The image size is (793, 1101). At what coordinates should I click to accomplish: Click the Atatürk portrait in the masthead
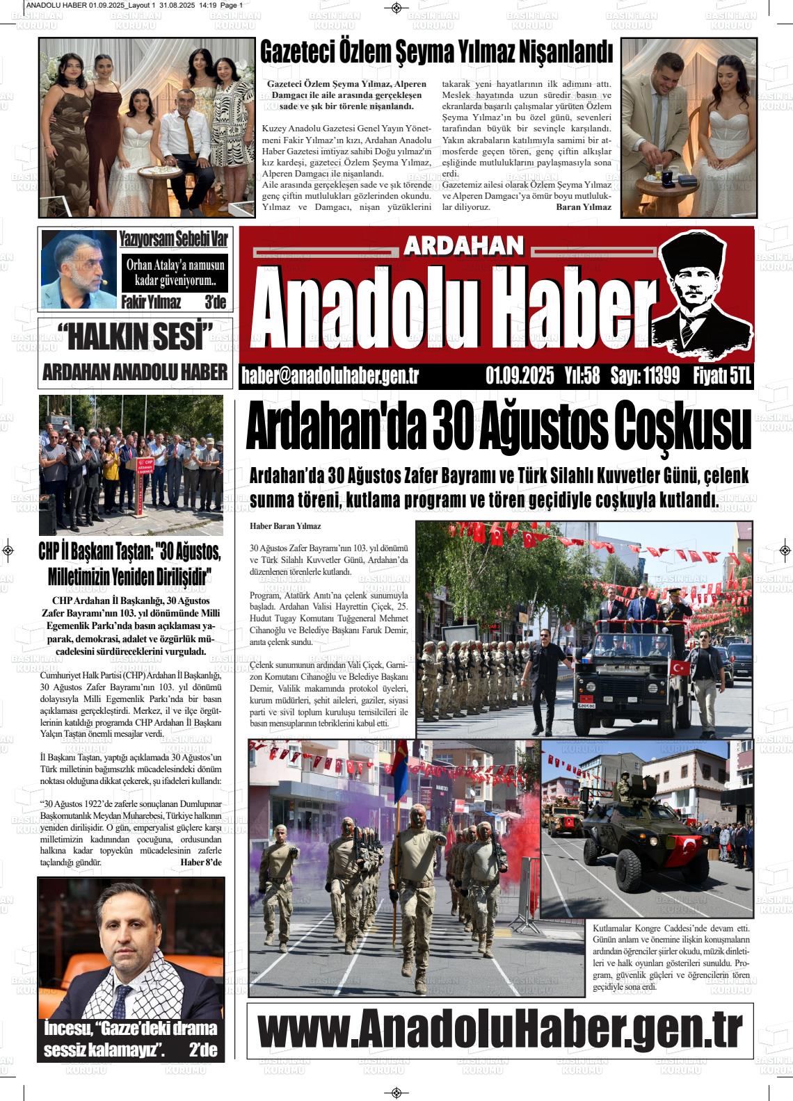tap(703, 294)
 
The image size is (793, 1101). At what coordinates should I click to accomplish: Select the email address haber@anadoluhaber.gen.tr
tap(330, 376)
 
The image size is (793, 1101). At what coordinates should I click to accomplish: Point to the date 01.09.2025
tap(520, 376)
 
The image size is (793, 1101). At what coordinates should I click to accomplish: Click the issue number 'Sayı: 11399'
tap(645, 376)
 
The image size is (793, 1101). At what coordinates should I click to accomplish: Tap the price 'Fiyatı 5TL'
tap(722, 376)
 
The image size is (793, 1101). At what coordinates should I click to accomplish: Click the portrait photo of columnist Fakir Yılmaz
tap(78, 270)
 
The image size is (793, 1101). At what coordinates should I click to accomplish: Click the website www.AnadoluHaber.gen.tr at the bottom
tap(500, 1030)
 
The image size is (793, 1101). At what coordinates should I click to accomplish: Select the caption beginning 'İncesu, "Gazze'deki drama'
tap(131, 1038)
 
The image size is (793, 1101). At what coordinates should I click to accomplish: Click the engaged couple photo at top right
tap(688, 127)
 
